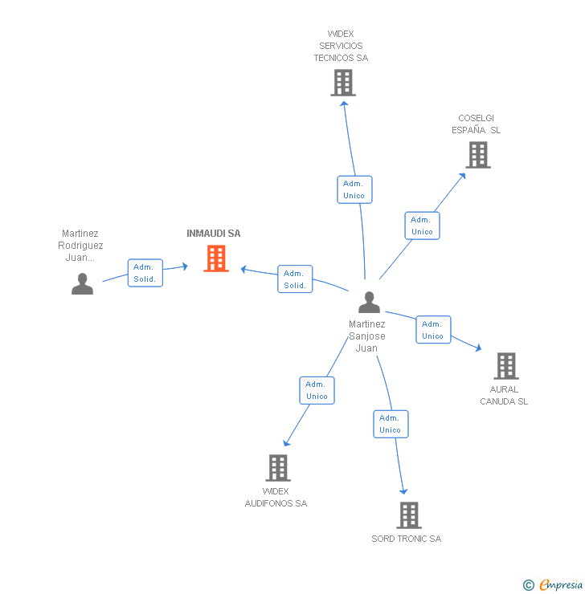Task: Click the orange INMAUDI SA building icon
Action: [x=216, y=258]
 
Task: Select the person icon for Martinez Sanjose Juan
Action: [x=369, y=303]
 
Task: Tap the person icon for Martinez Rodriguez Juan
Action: [x=82, y=284]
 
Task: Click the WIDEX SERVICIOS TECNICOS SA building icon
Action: [x=343, y=83]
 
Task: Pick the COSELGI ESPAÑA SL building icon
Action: [x=478, y=155]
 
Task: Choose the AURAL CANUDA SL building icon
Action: [x=505, y=366]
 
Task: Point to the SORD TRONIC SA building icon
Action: [x=409, y=515]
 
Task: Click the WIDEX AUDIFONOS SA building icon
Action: [x=277, y=467]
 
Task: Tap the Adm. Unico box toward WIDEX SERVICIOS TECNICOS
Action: [x=354, y=189]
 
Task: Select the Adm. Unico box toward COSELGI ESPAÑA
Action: [x=422, y=226]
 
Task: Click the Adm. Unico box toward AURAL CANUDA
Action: [x=433, y=330]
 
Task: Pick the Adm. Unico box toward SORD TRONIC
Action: [x=391, y=424]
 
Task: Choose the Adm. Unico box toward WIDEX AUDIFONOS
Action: [x=317, y=390]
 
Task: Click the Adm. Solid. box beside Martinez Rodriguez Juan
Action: [x=145, y=273]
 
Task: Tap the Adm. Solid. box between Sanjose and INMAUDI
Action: [x=295, y=279]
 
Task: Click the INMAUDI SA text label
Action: [x=214, y=234]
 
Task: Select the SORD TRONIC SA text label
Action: [x=406, y=539]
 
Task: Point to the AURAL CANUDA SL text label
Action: [x=504, y=396]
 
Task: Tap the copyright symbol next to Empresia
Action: [x=529, y=585]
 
